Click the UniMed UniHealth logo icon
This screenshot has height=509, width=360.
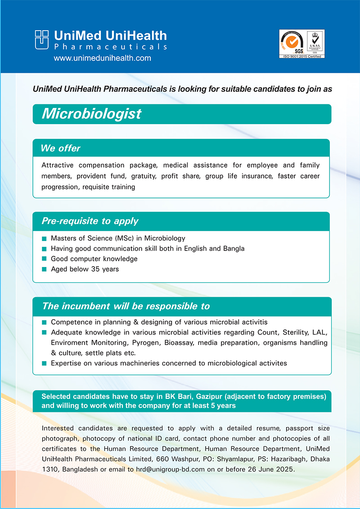pos(41,40)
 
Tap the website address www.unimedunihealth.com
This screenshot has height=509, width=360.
pos(102,58)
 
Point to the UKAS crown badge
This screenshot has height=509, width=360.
pos(315,42)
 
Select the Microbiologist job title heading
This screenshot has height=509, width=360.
pos(91,114)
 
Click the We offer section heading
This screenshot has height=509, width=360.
pos(60,148)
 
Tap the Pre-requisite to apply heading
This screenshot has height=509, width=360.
pos(90,221)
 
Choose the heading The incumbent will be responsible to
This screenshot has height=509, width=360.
pos(126,306)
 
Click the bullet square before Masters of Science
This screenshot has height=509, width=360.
pos(44,239)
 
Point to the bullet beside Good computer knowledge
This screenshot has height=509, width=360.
pos(44,259)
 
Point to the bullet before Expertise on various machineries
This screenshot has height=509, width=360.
pos(44,363)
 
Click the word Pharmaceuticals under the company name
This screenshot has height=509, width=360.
pos(110,47)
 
